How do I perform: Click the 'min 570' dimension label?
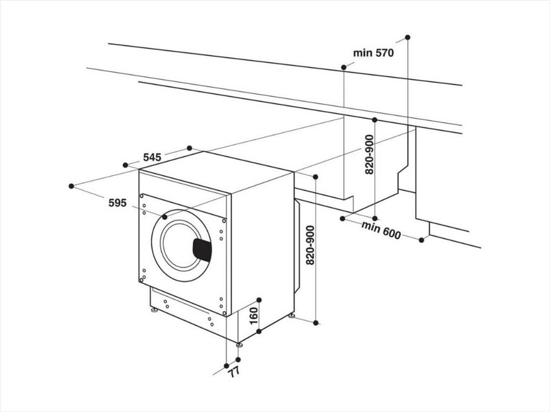point(373,53)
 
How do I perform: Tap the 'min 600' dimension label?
point(381,230)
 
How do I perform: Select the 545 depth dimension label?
point(152,158)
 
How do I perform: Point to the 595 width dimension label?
point(117,203)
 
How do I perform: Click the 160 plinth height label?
point(253,316)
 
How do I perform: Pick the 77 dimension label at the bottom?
point(234,371)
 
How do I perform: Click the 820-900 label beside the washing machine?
point(311,245)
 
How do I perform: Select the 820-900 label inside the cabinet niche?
point(369,154)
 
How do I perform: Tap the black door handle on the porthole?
point(202,249)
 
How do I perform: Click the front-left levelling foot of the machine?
point(154,310)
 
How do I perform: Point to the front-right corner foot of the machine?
point(239,345)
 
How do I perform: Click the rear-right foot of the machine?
point(291,315)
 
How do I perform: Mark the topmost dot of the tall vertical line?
point(408,37)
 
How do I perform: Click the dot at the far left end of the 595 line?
point(72,186)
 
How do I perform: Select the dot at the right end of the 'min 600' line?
point(422,240)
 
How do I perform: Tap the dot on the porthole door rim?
point(164,218)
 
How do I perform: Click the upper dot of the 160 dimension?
point(259,299)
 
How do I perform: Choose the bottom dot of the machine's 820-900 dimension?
point(316,323)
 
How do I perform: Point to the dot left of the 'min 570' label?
point(344,67)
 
